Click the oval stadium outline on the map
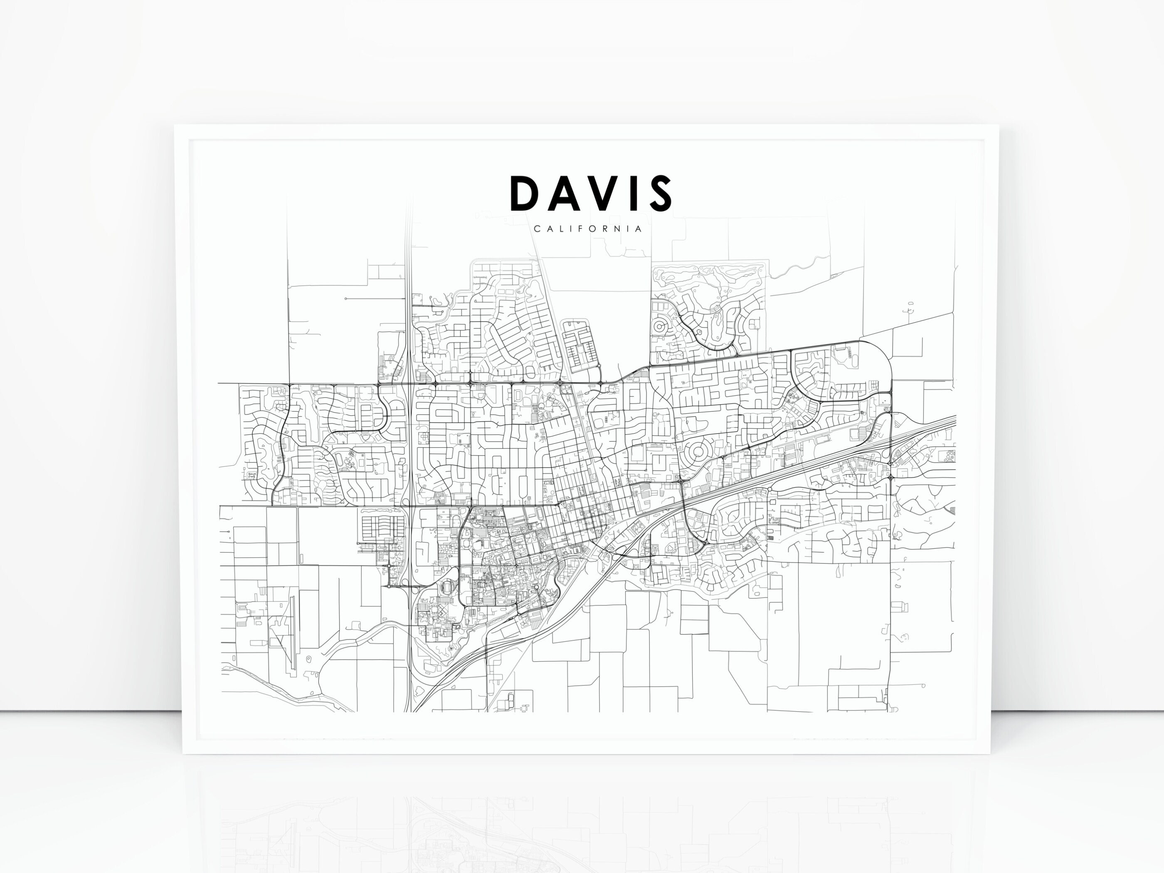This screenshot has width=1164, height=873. [448, 586]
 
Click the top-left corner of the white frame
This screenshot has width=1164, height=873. [175, 126]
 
